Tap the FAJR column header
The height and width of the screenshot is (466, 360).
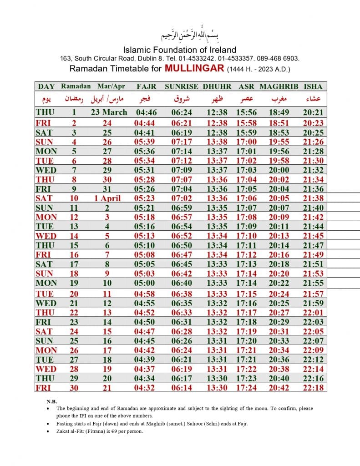point(146,86)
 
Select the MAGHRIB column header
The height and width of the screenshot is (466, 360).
point(279,86)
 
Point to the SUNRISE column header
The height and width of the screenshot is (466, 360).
point(181,86)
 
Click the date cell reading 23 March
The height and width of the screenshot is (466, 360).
point(109,112)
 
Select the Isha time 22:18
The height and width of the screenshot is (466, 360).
point(313,387)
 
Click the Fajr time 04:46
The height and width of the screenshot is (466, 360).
point(146,112)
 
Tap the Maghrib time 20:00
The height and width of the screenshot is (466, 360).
point(279,170)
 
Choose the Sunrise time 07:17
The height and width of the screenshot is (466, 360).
point(181,142)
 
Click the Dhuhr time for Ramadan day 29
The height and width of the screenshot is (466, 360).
point(217,378)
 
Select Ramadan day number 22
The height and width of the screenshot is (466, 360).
point(74,312)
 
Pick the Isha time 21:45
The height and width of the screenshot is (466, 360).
point(313,236)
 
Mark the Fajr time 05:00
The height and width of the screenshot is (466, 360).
point(146,283)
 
